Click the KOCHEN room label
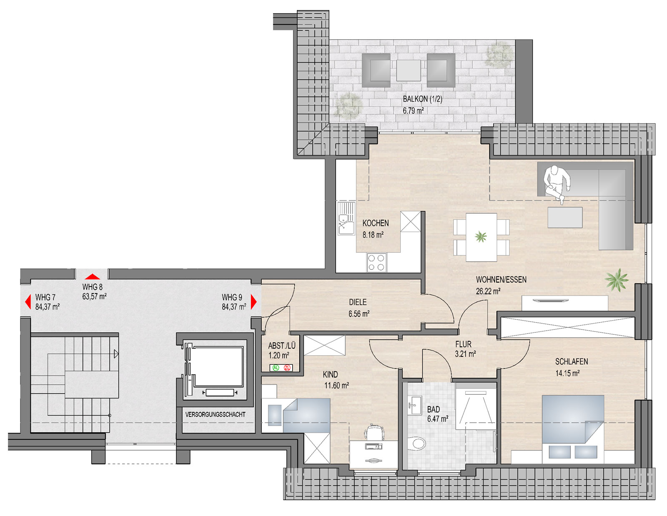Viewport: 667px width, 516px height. (376, 223)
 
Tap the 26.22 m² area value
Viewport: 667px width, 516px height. (488, 291)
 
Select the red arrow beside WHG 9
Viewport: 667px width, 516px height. (253, 302)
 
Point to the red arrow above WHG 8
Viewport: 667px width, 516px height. (93, 277)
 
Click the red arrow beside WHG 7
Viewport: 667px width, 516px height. (28, 302)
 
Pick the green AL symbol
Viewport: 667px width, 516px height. (276, 368)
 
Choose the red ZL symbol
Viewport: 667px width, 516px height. (287, 368)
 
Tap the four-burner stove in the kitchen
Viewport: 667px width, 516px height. (376, 262)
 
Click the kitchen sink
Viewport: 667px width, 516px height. (346, 218)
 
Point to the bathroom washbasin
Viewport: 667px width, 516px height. (415, 405)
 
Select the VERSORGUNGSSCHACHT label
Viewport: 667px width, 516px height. (215, 414)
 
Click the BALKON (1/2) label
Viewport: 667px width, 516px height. (422, 99)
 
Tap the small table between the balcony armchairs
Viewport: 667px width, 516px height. (408, 70)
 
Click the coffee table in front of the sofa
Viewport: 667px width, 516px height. (565, 218)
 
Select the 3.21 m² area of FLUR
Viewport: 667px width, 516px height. (465, 354)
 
